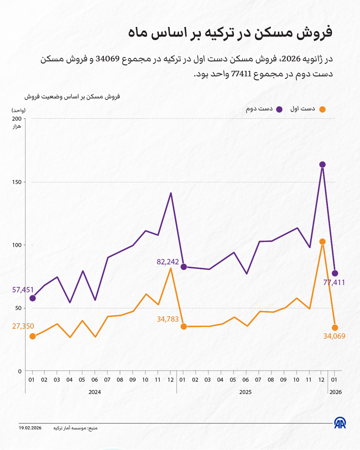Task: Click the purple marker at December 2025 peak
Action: coord(322,165)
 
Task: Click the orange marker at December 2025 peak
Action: coord(322,242)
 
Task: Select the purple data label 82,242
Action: coord(167,262)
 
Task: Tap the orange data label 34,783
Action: coord(167,319)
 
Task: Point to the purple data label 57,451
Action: coord(23,290)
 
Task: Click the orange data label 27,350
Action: coord(23,326)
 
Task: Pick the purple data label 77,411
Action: coord(334,283)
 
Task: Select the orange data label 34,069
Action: coord(334,336)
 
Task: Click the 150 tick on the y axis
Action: coord(18,182)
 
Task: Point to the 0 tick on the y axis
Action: coord(20,371)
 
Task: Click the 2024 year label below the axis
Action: coord(94,392)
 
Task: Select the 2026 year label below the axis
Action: coord(335,392)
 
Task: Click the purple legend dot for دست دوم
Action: coord(279,109)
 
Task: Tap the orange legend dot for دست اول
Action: coord(322,109)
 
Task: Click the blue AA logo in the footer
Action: coord(340,423)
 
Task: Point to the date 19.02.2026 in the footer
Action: coord(30,428)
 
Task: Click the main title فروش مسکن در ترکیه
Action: coord(230,32)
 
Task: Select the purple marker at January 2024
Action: coord(32,298)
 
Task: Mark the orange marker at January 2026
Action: coord(335,328)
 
